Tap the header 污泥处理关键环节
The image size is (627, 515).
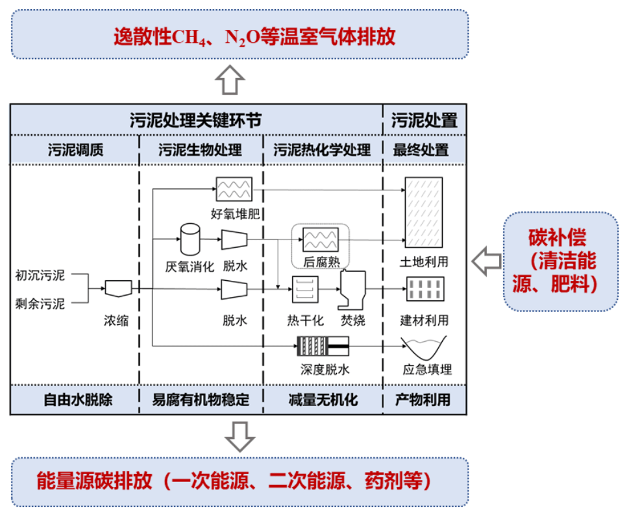click(x=196, y=120)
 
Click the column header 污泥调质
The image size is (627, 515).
click(x=75, y=150)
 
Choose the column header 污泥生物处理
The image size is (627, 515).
click(x=200, y=150)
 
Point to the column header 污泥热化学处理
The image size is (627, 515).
click(x=323, y=150)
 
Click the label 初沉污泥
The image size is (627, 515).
click(x=40, y=276)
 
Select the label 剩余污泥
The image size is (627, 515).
click(x=40, y=304)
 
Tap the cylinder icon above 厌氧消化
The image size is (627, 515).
click(x=190, y=239)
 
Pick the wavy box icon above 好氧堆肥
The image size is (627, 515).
click(x=230, y=189)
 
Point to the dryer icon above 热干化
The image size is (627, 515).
click(x=305, y=289)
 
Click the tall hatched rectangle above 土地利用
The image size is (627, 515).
click(x=424, y=211)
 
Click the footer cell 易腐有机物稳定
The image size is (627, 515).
click(x=200, y=400)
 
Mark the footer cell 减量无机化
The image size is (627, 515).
click(x=323, y=400)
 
